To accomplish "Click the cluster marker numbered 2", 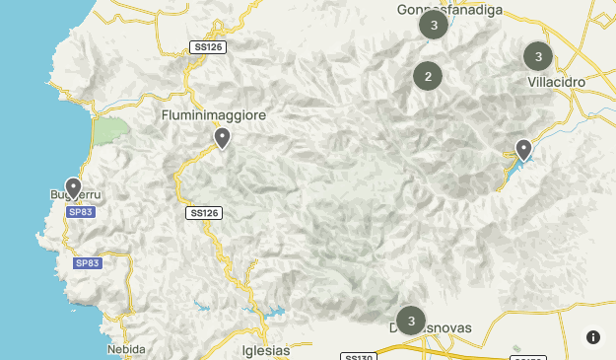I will (x=427, y=76).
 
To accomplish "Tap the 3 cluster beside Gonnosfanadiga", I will (x=434, y=25).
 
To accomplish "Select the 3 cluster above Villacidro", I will (x=538, y=56).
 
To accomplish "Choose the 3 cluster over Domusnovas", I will (x=410, y=321).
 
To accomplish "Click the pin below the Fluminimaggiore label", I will (x=223, y=139).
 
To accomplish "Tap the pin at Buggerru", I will (x=73, y=187).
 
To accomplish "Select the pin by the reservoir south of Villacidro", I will (x=523, y=150).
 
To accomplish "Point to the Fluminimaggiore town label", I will (x=214, y=116).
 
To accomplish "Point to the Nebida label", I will (x=126, y=349).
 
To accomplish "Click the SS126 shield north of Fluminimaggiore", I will (x=208, y=46).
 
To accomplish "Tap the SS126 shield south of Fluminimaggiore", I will (x=204, y=212).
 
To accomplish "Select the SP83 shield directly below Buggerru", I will (x=81, y=212).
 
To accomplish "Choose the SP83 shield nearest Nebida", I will (x=88, y=263).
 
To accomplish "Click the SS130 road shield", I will (x=358, y=356).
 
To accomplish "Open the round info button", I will (x=593, y=337).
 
